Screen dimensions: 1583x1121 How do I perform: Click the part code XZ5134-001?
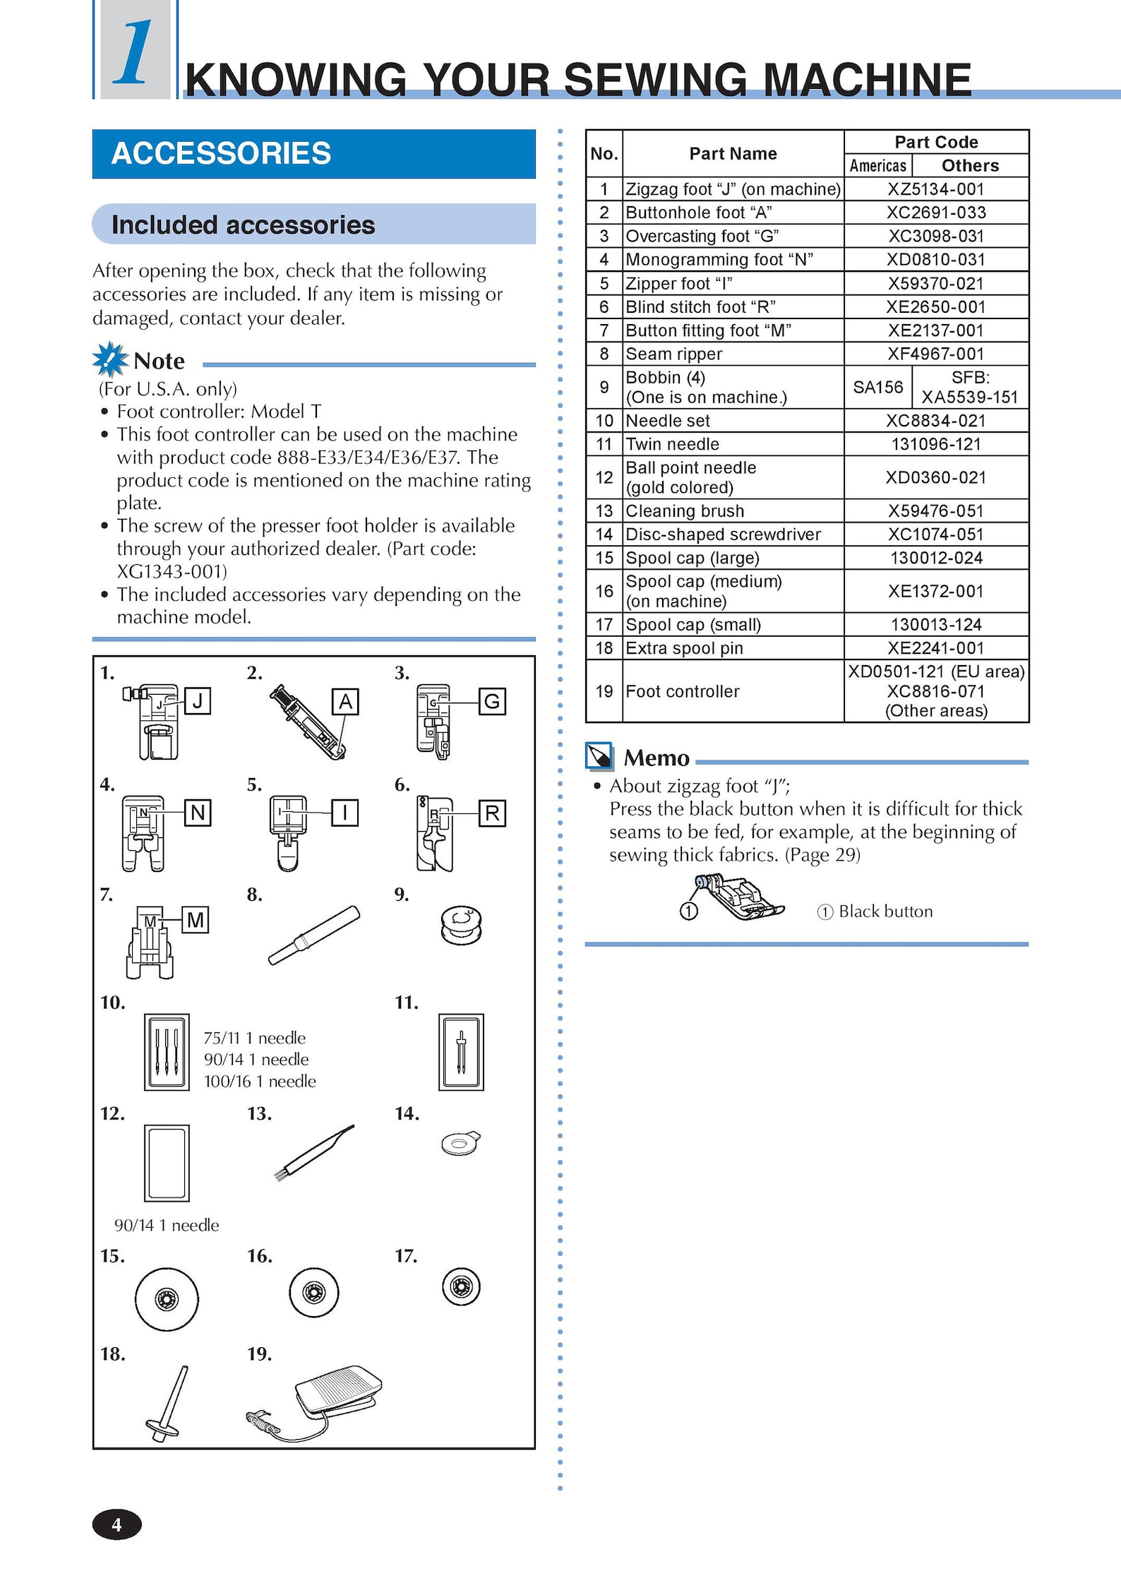point(935,189)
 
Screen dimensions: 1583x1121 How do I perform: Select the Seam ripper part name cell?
point(732,354)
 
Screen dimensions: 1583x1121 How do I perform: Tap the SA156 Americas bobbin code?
point(877,387)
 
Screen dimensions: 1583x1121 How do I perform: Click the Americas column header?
point(877,166)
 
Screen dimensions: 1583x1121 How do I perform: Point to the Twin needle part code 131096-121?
point(935,444)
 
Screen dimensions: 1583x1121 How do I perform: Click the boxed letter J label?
point(198,701)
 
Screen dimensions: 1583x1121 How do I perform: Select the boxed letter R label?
point(492,813)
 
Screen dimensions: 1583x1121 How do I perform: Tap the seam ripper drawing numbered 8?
point(313,936)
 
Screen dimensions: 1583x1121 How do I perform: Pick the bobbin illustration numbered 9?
point(460,926)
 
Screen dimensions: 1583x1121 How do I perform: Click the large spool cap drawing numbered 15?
point(167,1299)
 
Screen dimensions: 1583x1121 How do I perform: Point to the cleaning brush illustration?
point(313,1153)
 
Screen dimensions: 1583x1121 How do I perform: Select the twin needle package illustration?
point(461,1052)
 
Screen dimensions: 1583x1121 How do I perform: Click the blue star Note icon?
point(110,359)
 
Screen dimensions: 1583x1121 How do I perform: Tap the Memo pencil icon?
point(599,756)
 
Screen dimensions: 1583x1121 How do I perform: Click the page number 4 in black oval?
point(116,1525)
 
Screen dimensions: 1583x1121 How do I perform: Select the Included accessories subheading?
point(243,225)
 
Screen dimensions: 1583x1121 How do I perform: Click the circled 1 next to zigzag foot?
point(688,912)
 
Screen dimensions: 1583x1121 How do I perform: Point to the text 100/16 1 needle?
point(260,1081)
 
